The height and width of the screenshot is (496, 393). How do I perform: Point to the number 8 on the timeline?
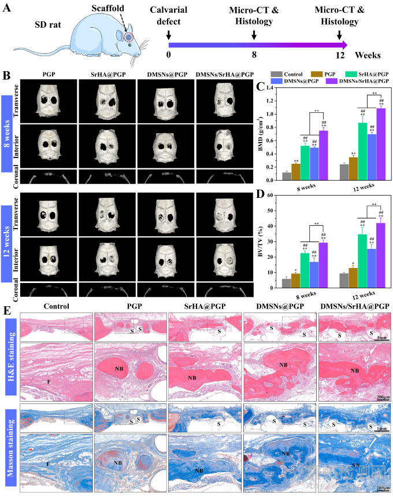[x=254, y=56]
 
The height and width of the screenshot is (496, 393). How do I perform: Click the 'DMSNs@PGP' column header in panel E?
[x=279, y=307]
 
